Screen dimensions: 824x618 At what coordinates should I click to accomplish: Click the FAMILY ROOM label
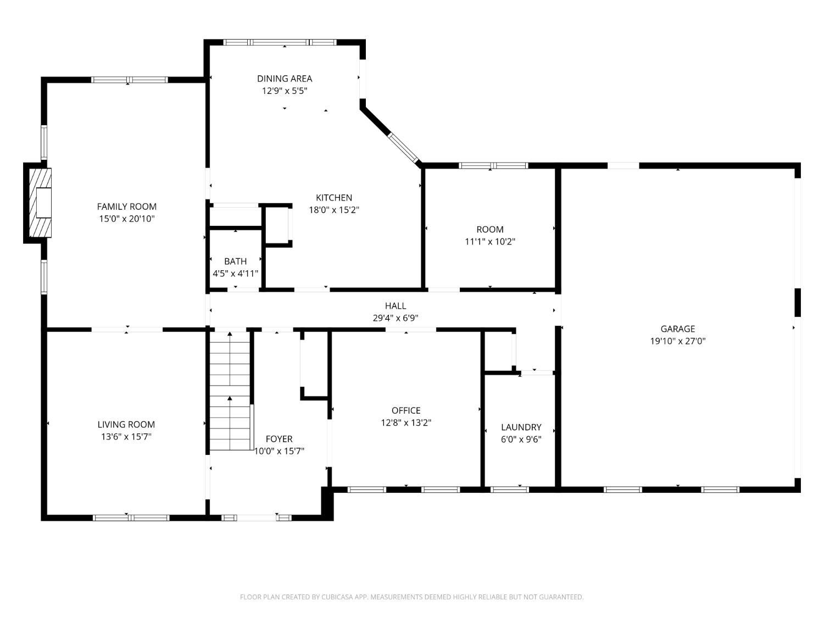[x=126, y=207]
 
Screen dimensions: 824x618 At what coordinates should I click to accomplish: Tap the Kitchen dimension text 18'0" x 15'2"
[x=334, y=210]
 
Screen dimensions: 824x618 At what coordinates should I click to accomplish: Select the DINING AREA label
[x=285, y=79]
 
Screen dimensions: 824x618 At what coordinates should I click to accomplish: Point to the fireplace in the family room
[x=37, y=203]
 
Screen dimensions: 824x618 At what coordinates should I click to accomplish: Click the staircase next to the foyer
[x=230, y=391]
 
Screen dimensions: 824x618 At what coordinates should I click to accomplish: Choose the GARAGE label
[x=677, y=329]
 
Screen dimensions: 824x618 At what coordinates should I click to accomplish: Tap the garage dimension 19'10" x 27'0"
[x=677, y=341]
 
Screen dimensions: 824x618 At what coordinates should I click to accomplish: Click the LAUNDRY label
[x=521, y=427]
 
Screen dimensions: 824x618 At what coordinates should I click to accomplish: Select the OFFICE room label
[x=406, y=410]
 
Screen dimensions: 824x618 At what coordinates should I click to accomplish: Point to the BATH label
[x=235, y=261]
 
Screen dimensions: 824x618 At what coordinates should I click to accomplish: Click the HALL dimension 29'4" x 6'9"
[x=396, y=318]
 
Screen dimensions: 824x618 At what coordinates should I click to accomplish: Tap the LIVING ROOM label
[x=126, y=425]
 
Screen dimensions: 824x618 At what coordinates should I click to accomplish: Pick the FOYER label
[x=279, y=438]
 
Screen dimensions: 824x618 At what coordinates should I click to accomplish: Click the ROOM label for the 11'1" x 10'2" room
[x=490, y=229]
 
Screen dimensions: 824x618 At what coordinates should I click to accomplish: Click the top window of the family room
[x=130, y=80]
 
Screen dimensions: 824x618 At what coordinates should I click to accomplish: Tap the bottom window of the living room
[x=131, y=518]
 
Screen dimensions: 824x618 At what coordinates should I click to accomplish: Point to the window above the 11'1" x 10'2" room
[x=493, y=165]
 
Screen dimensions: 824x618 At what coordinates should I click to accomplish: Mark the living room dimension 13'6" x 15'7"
[x=126, y=437]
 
